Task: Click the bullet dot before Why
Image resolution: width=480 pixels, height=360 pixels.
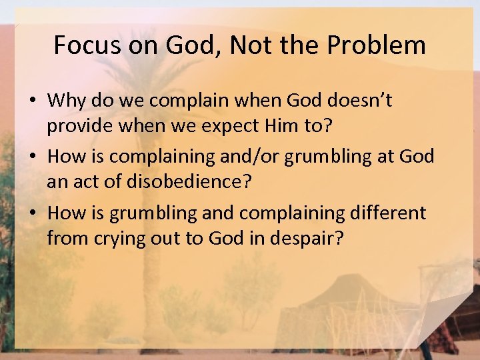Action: coord(32,101)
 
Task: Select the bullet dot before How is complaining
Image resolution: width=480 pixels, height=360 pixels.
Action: coord(32,157)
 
